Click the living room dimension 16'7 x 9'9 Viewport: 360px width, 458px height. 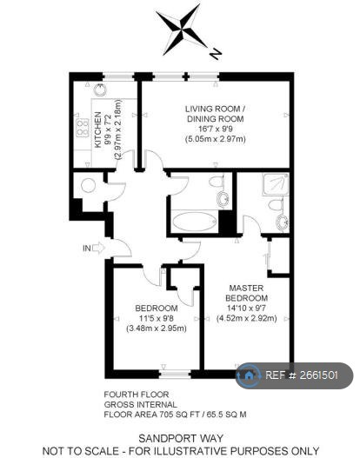[215, 128]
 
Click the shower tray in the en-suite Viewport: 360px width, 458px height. [276, 184]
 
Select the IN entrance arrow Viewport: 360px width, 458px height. [93, 249]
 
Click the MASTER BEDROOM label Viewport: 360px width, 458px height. [247, 292]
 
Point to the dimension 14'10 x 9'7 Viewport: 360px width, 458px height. [246, 308]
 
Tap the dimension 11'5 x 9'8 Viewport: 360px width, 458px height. [157, 318]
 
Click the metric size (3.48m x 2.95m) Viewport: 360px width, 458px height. [157, 329]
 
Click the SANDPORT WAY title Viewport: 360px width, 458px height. [183, 438]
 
